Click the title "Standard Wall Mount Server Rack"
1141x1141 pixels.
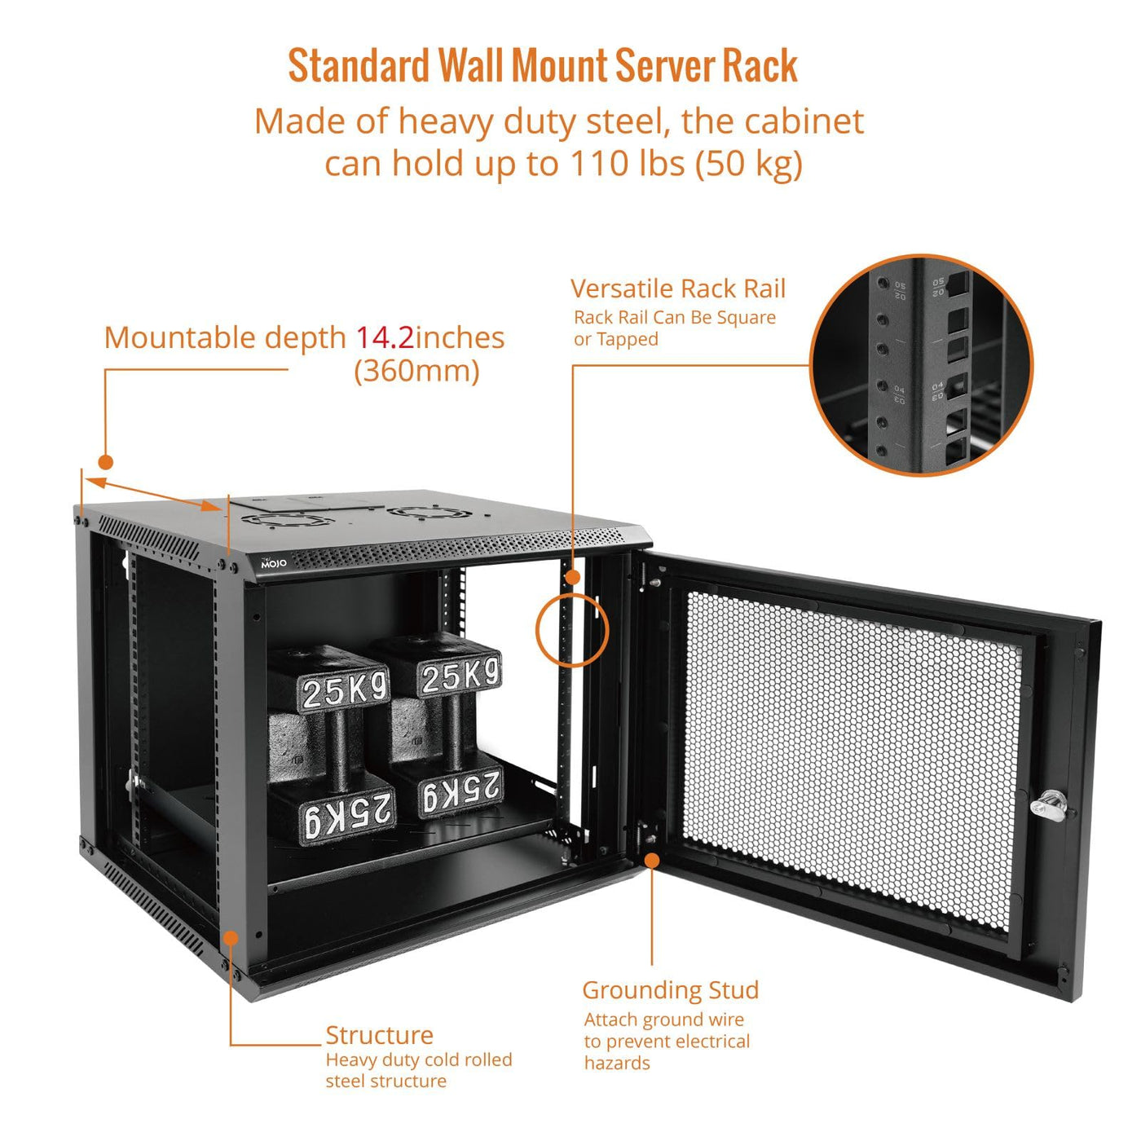point(542,67)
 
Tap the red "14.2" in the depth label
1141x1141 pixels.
point(384,337)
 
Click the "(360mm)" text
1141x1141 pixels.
point(416,372)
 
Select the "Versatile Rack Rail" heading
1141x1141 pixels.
point(677,289)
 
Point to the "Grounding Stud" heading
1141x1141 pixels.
point(670,990)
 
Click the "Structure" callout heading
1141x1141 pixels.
point(379,1035)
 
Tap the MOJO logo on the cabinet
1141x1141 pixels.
point(274,563)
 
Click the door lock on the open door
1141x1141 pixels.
point(1046,805)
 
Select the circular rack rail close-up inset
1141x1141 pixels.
point(921,364)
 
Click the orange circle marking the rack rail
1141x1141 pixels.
point(572,631)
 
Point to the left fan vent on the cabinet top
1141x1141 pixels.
point(287,520)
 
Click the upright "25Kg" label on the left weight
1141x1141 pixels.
point(344,691)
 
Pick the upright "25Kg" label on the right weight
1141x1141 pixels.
point(460,676)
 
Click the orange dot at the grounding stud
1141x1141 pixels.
point(652,861)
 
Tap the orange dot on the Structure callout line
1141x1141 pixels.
point(231,939)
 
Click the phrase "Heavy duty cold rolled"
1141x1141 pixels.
point(419,1059)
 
